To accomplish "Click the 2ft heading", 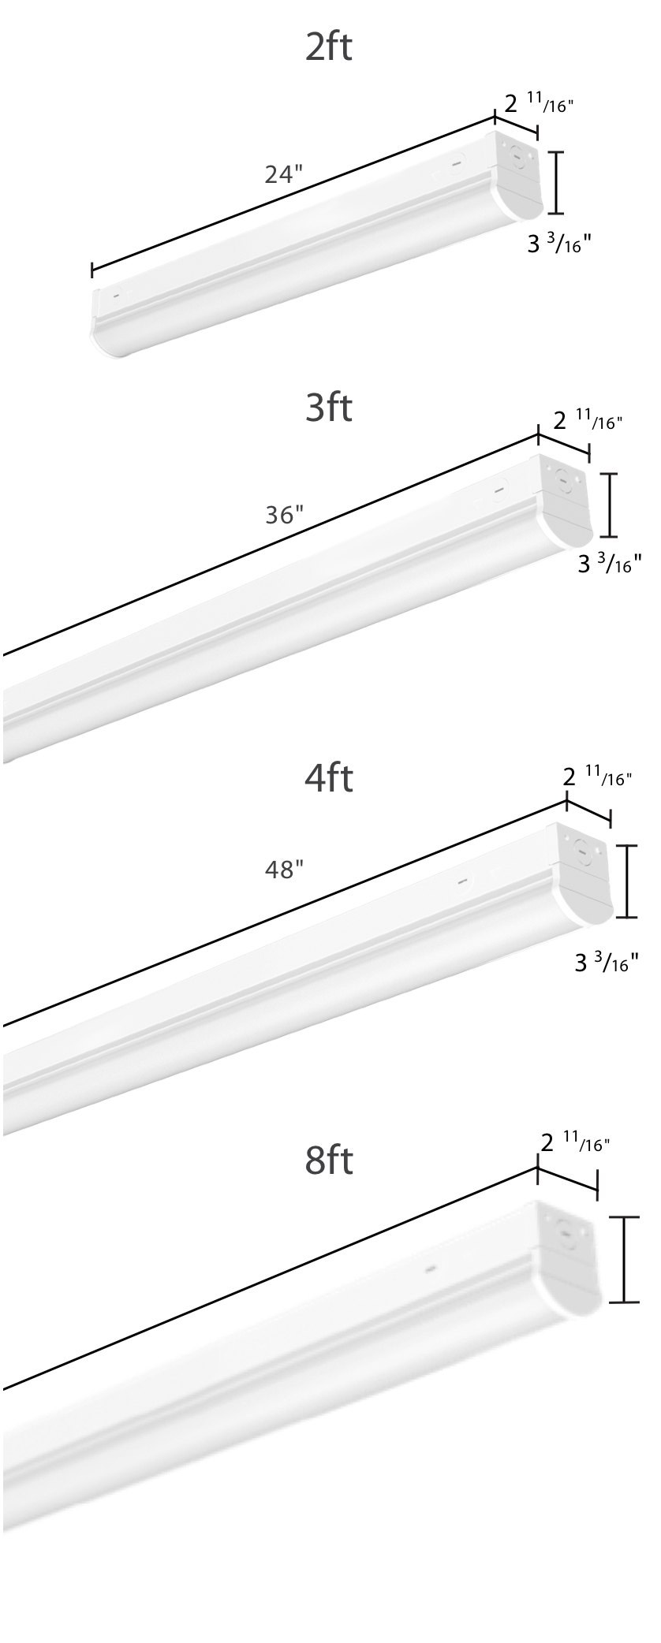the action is point(329,47).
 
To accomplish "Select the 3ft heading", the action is point(329,408).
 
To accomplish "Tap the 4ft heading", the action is point(329,778).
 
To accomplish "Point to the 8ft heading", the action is point(329,1162).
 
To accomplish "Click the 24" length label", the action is point(284,174).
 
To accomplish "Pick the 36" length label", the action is point(284,515).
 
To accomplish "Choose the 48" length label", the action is point(284,870).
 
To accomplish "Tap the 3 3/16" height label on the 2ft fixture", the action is point(559,243).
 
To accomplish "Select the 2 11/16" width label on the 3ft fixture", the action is point(588,419).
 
